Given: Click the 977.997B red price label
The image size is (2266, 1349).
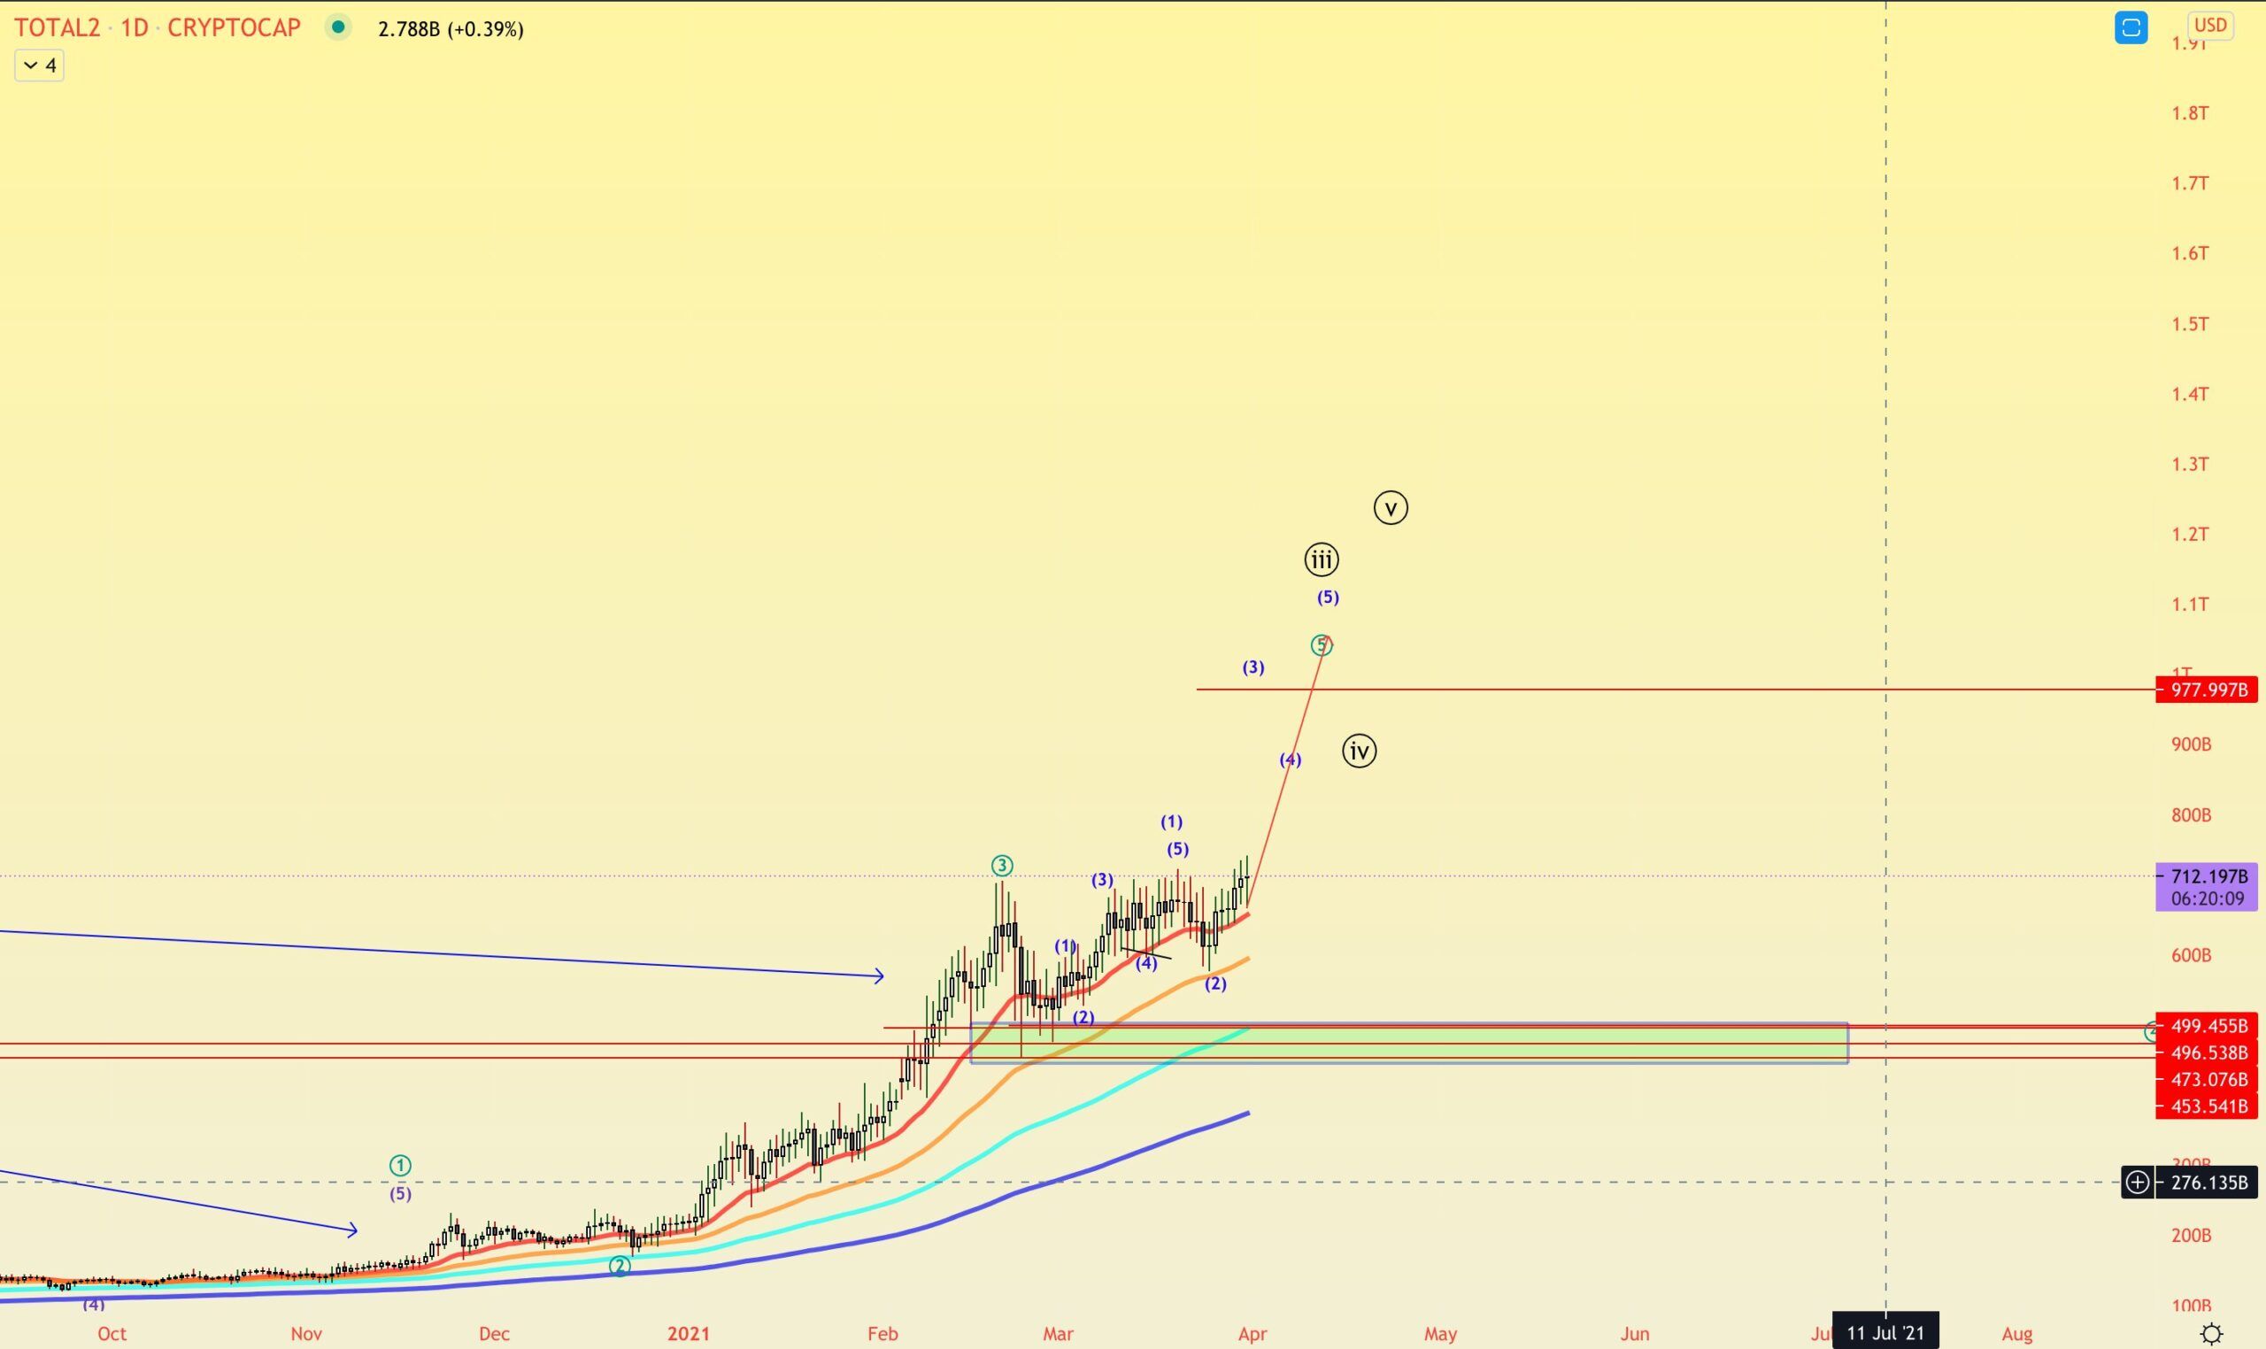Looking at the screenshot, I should click(x=2206, y=690).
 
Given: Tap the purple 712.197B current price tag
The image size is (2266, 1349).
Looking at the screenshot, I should click(x=2206, y=877).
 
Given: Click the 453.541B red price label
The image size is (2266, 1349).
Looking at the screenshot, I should click(x=2206, y=1106).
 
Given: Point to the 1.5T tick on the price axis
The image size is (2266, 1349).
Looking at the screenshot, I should click(x=2190, y=325).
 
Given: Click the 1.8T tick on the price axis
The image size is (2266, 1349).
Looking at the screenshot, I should click(x=2190, y=113).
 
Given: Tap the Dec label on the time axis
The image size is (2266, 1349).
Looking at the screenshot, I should click(x=494, y=1334).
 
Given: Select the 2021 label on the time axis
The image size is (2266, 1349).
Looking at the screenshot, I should click(x=688, y=1334).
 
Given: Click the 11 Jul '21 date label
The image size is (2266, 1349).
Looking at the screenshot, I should click(x=1886, y=1334).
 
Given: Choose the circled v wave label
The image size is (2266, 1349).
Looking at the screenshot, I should click(x=1391, y=507).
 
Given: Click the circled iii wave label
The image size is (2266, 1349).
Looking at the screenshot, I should click(x=1322, y=560).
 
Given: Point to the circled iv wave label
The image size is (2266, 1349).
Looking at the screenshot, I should click(x=1359, y=751).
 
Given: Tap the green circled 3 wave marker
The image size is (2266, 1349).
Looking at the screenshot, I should click(x=1002, y=866).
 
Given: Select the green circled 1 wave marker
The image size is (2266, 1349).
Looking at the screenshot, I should click(x=400, y=1166).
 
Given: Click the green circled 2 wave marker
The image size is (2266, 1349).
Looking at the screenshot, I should click(x=619, y=1267).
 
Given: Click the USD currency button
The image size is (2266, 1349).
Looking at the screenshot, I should click(x=2210, y=26).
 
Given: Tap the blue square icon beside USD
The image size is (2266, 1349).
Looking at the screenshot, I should click(x=2131, y=27).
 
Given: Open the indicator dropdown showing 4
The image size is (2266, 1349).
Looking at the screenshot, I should click(x=39, y=66).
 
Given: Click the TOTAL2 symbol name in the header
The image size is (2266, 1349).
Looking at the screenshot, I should click(x=57, y=27).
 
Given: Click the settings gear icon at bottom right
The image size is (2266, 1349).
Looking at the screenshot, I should click(x=2211, y=1334).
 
